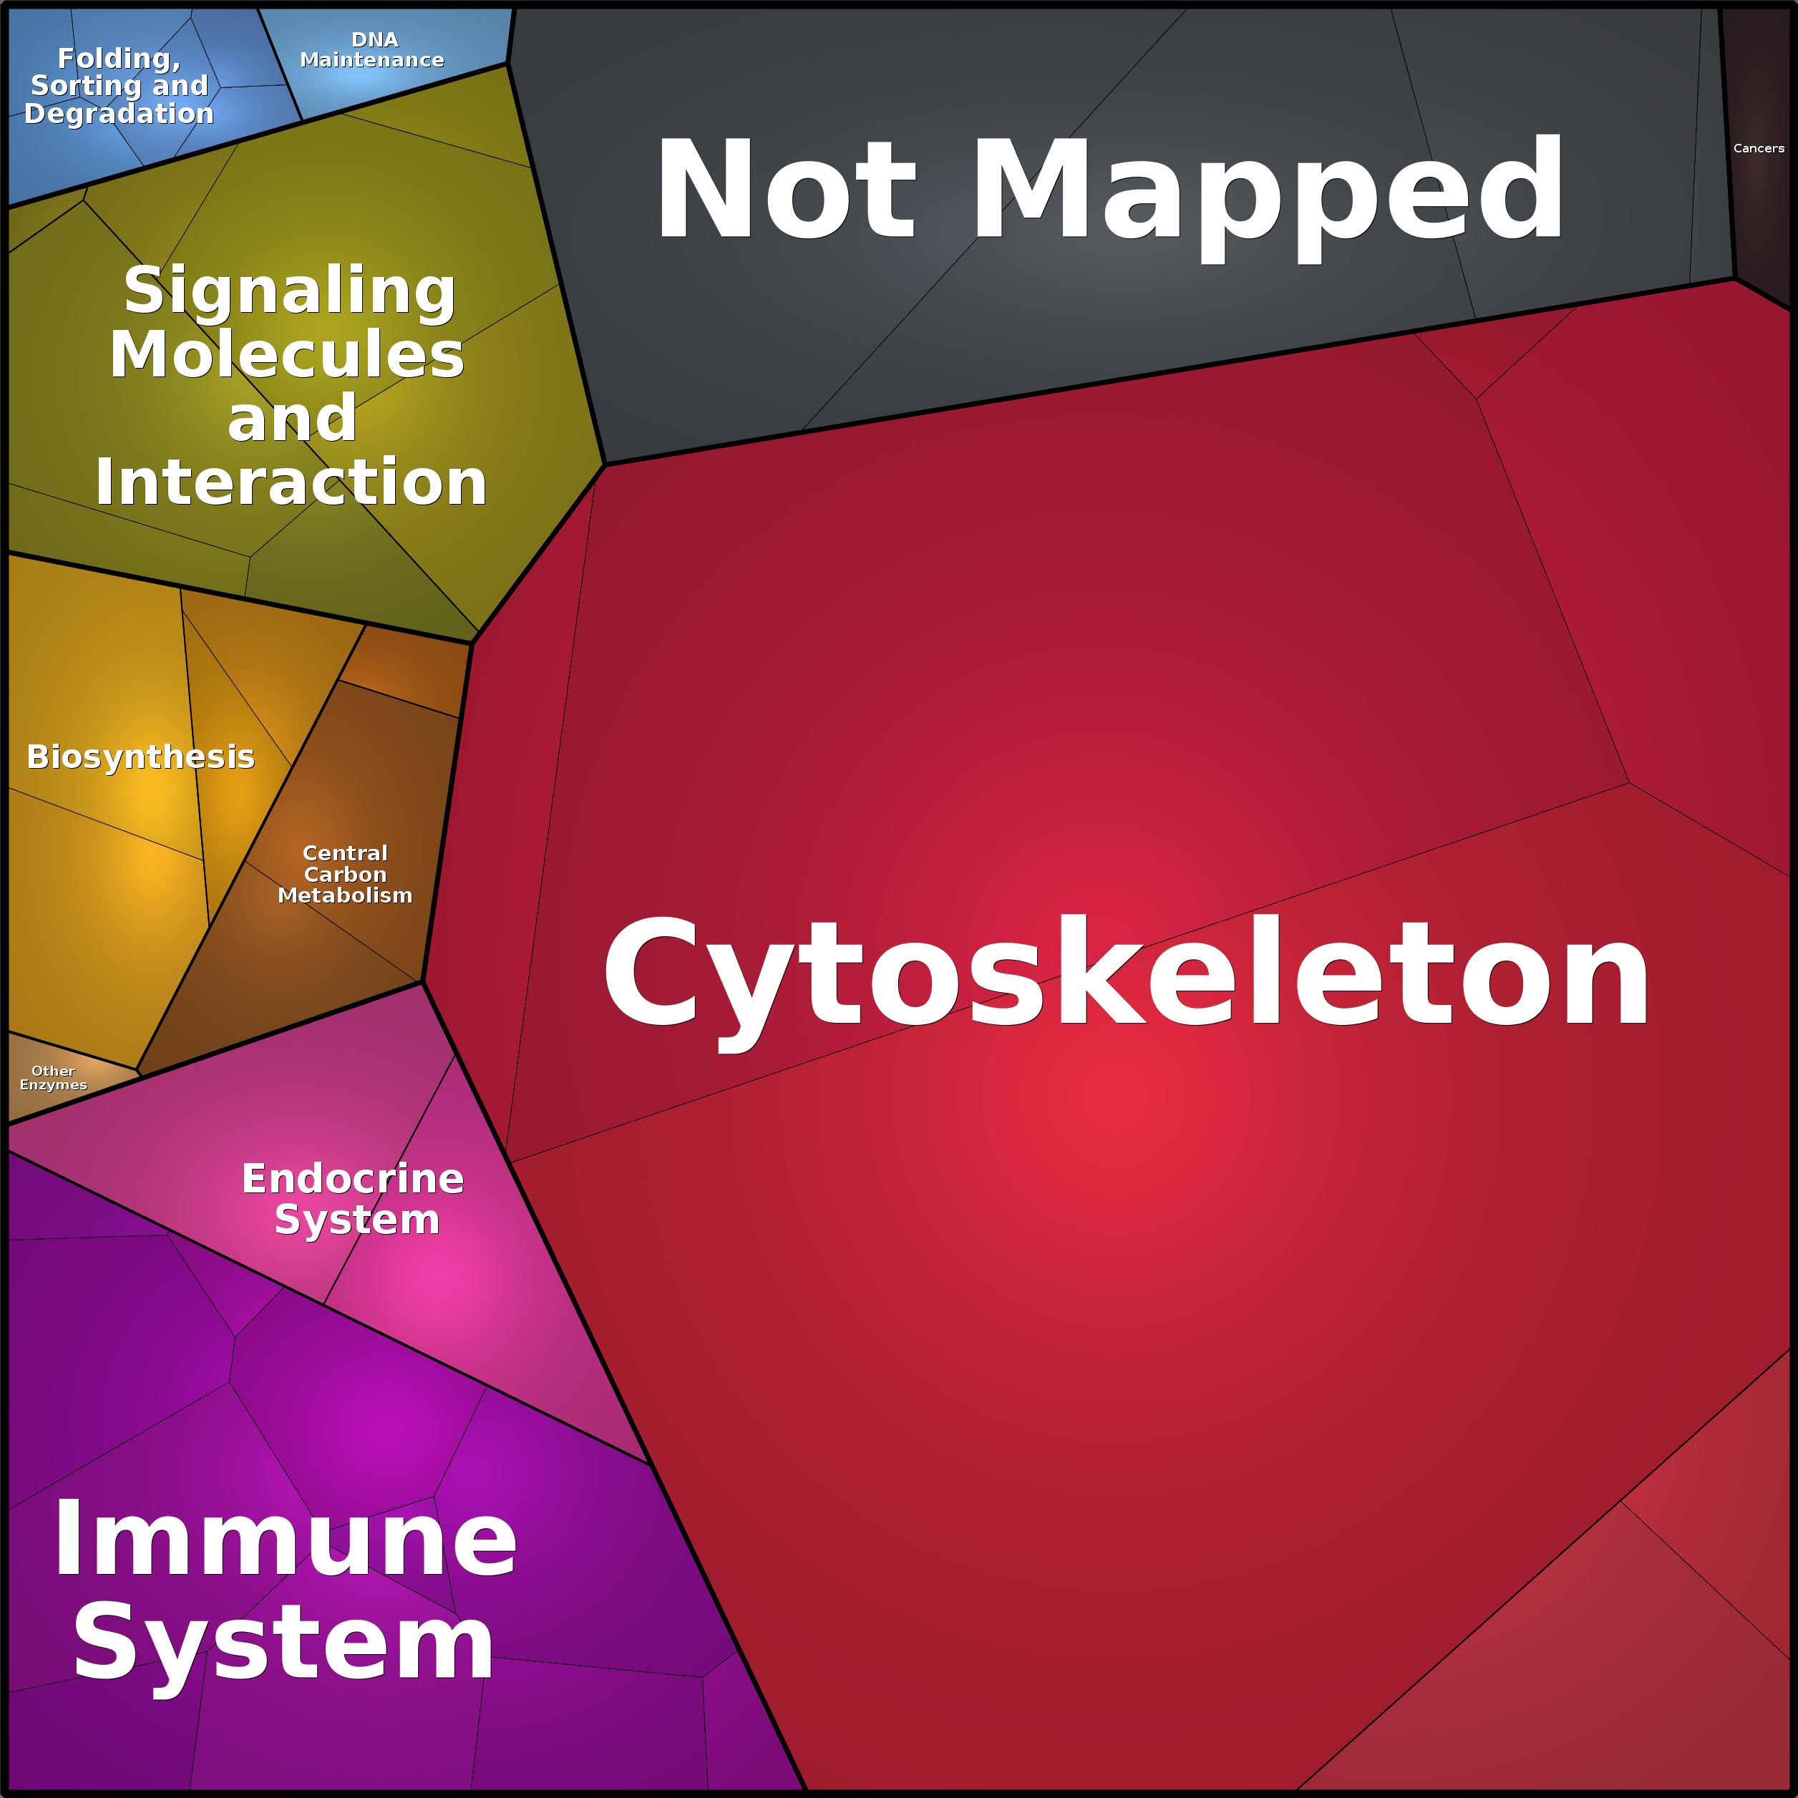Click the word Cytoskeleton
click(1126, 973)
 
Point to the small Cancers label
click(1758, 148)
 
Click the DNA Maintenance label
click(372, 50)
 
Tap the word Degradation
click(119, 114)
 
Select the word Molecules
click(286, 354)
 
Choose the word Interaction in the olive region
click(291, 482)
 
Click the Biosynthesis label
click(140, 757)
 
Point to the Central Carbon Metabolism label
click(344, 874)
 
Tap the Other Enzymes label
click(53, 1078)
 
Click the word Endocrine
click(353, 1179)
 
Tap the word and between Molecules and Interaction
click(291, 418)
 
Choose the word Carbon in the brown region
click(344, 874)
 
